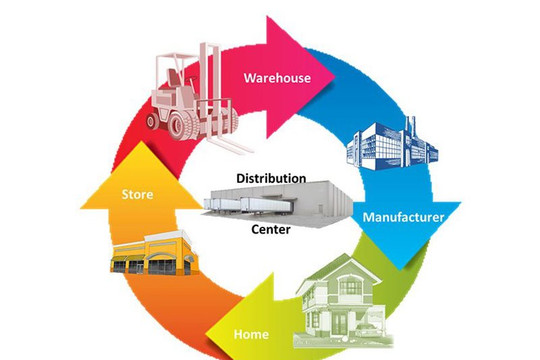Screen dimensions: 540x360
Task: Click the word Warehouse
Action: [277, 78]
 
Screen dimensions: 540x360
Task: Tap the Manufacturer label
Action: [403, 217]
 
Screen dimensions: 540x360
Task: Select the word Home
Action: [251, 334]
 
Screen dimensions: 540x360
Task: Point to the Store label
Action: [137, 194]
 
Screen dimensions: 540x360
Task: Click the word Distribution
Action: [271, 178]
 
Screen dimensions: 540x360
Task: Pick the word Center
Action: [271, 229]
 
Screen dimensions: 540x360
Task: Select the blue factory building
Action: [392, 145]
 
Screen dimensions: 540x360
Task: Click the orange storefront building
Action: [154, 253]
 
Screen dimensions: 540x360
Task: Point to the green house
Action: [343, 301]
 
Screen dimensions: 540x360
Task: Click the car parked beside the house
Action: [368, 330]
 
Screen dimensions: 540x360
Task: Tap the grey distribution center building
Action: [277, 204]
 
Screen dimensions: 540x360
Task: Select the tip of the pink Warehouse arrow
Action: [335, 76]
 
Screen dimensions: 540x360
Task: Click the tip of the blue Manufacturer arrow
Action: [400, 270]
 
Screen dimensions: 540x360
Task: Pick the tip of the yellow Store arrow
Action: [141, 142]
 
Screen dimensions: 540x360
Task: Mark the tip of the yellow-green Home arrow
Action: [206, 333]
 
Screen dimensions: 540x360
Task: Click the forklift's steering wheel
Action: [189, 80]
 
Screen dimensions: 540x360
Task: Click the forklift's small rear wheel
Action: [152, 121]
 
